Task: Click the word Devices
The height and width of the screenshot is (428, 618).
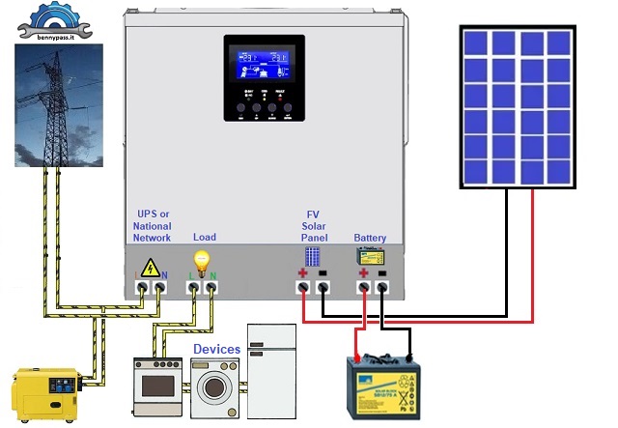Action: (216, 348)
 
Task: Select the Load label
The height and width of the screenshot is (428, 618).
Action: (205, 237)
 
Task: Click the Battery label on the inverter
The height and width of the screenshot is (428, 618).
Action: (371, 237)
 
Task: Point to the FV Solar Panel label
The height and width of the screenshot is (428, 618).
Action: (314, 225)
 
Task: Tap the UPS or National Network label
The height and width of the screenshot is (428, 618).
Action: (152, 225)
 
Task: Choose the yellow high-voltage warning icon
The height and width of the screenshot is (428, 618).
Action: (152, 268)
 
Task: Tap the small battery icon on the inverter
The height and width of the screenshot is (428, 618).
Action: (371, 257)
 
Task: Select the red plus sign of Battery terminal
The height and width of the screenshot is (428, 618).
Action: (364, 274)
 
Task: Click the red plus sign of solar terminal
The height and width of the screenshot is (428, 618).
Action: (303, 274)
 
